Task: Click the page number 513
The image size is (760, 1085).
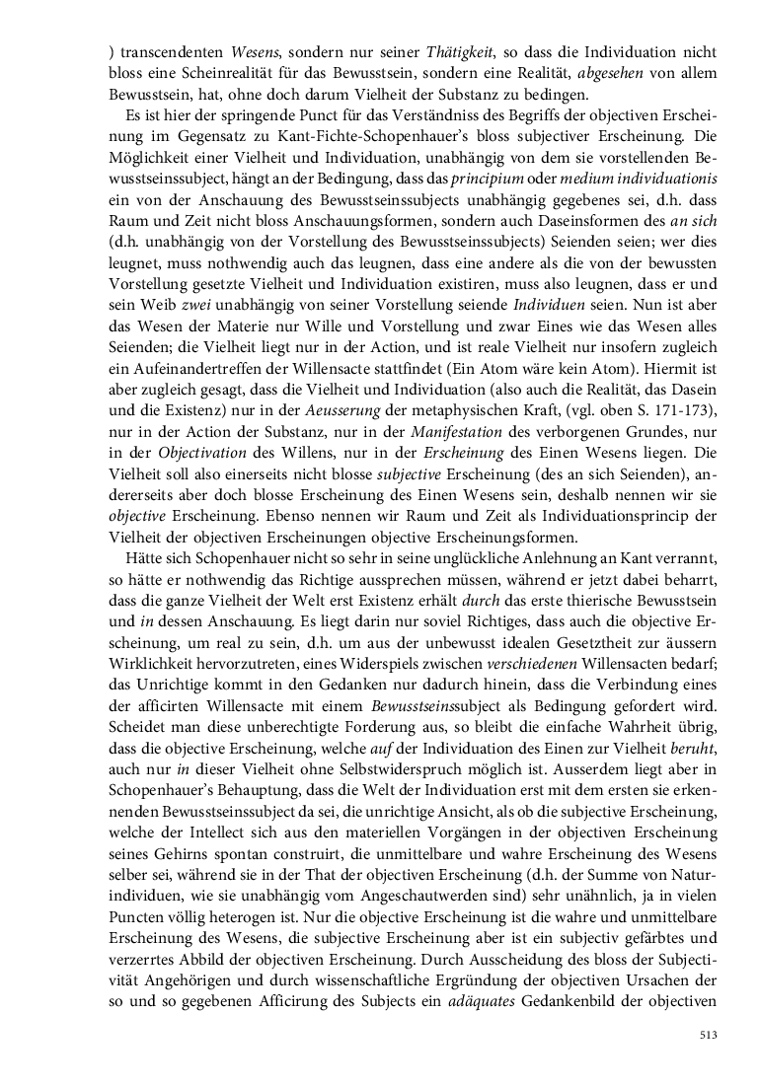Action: click(x=707, y=1034)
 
